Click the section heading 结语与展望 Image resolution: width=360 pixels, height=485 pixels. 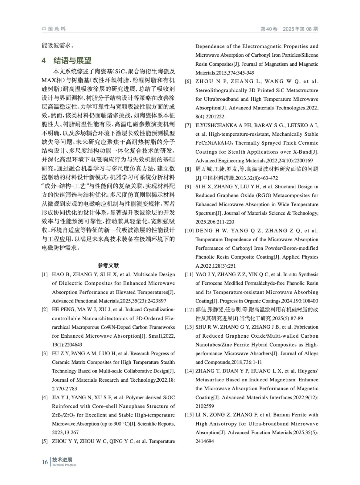point(72,60)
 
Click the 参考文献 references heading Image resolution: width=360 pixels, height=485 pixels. point(108,266)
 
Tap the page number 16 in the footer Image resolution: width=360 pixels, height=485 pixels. point(45,462)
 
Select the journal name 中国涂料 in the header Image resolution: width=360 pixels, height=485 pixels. point(54,29)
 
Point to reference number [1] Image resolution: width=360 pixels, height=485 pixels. point(45,275)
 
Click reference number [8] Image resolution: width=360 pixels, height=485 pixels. point(188,169)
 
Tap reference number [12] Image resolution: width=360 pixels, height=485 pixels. point(189,309)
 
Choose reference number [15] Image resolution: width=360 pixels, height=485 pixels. point(189,415)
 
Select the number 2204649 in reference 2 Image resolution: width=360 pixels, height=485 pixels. point(67,345)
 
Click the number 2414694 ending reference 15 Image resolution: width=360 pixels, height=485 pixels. point(205,441)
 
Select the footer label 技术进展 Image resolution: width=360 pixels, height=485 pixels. point(62,460)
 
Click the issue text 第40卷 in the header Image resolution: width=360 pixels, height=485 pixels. point(269,29)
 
